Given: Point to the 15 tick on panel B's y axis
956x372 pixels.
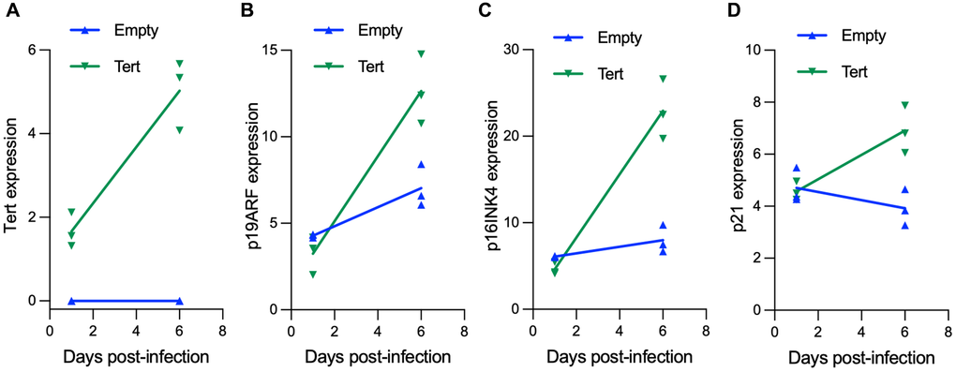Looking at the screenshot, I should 270,50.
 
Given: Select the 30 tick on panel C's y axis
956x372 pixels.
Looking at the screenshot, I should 512,50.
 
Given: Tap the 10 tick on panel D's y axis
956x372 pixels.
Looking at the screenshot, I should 754,50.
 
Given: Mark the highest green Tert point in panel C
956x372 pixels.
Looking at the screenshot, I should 663,79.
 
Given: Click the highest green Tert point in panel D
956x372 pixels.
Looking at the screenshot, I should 904,105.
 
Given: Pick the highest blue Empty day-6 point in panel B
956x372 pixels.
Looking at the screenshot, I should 422,165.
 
